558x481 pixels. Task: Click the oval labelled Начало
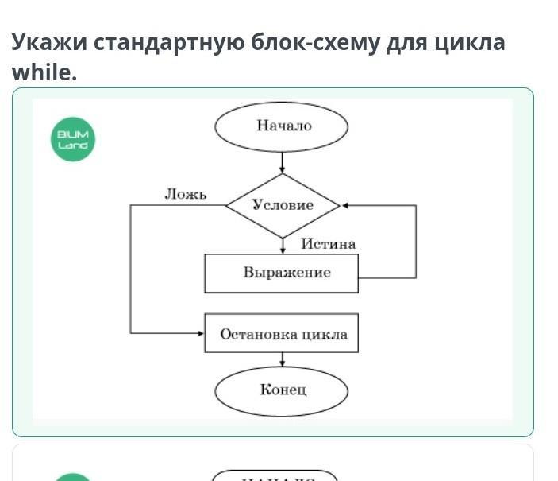point(282,126)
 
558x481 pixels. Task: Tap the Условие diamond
point(283,205)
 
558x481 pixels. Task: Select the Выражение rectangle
point(282,273)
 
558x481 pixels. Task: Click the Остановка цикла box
point(282,333)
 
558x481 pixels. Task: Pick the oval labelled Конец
point(282,390)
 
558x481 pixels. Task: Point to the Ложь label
point(186,194)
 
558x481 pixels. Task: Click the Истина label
point(328,244)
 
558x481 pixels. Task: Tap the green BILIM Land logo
point(73,139)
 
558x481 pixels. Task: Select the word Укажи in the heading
point(48,41)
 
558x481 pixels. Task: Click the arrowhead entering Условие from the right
point(344,205)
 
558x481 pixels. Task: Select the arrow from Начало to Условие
point(283,162)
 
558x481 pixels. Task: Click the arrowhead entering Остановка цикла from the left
point(201,333)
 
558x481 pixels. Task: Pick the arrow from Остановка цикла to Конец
point(283,361)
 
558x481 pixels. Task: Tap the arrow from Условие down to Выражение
point(283,246)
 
